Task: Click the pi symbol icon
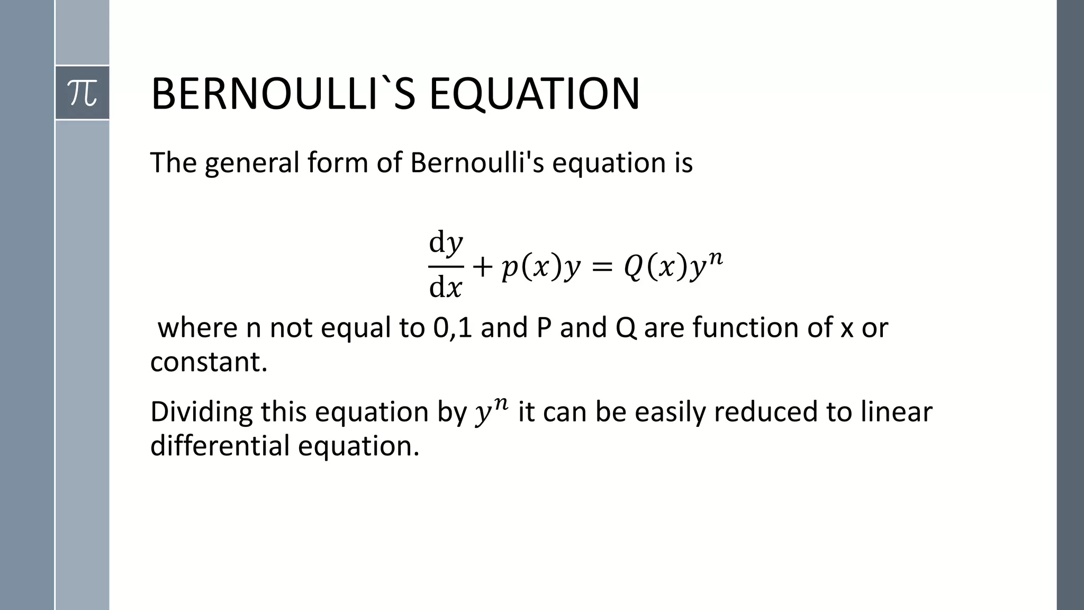click(83, 93)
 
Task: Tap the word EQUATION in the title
click(534, 94)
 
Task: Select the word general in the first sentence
click(252, 163)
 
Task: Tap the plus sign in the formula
click(482, 267)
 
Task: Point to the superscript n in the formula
click(715, 258)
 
